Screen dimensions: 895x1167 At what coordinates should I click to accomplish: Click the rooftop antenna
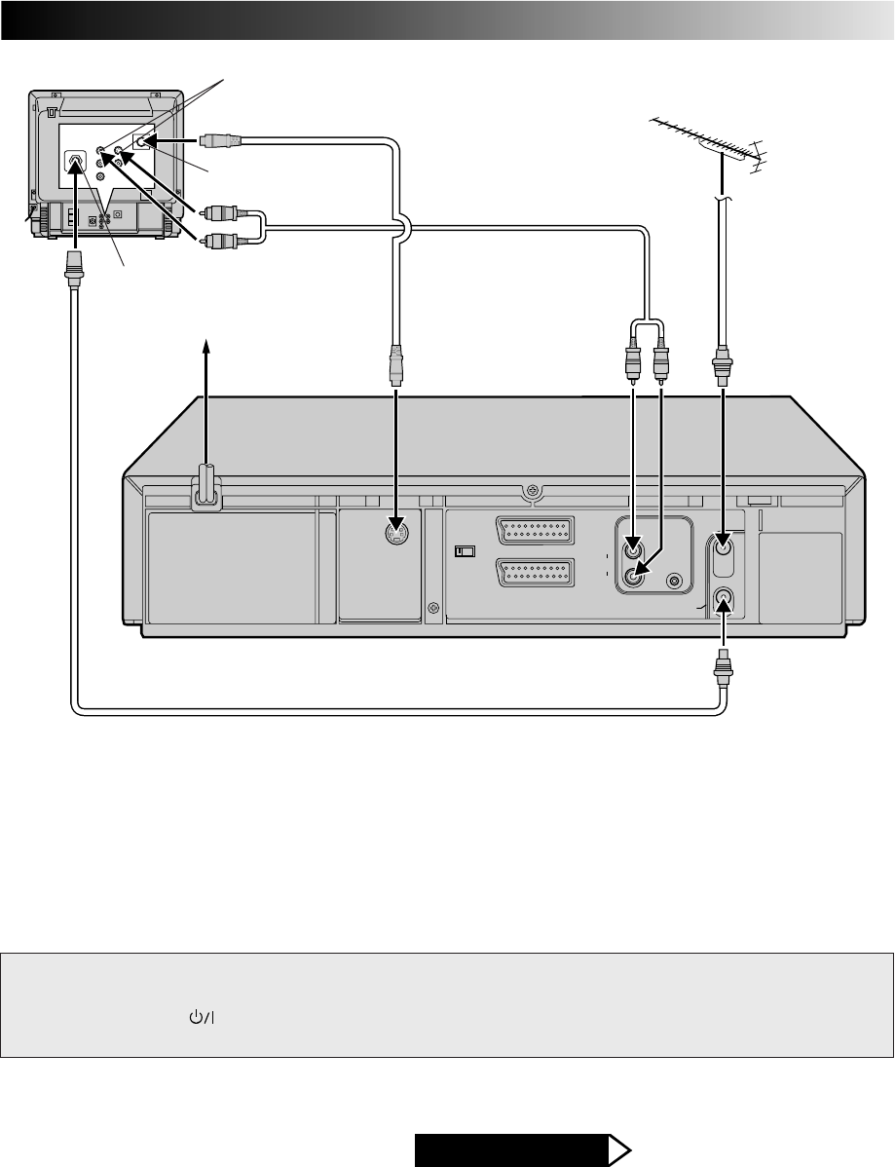tap(705, 142)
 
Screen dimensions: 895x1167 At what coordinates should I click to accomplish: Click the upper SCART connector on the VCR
tap(535, 532)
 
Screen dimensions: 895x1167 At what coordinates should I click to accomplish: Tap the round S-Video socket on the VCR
tap(395, 535)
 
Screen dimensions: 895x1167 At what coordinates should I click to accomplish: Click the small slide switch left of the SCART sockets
tap(465, 551)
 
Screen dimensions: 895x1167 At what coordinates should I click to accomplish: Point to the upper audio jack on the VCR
tap(634, 547)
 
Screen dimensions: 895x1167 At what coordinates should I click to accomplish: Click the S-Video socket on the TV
tap(143, 140)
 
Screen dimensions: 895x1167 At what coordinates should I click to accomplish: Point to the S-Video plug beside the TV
tap(219, 139)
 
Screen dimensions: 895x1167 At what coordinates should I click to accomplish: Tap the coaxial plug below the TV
tap(72, 264)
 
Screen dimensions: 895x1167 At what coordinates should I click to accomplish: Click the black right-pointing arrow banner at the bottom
tap(522, 1149)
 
